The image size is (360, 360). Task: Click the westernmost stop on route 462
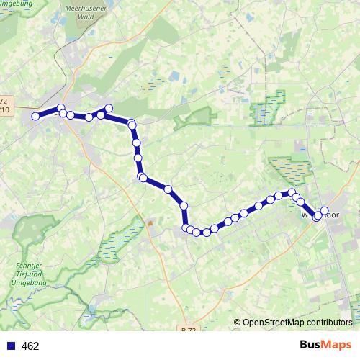coord(35,116)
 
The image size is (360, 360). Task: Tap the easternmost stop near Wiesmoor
coord(325,211)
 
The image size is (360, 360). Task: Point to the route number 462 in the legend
coord(30,346)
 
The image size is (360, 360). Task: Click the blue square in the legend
coord(11,346)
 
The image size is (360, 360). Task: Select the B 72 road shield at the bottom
coord(189,329)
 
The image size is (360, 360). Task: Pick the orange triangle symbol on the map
coord(150,222)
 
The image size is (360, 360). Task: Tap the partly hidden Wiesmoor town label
coord(310,214)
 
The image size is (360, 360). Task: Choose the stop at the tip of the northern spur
coord(109,108)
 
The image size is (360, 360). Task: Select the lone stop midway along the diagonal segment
coord(168,189)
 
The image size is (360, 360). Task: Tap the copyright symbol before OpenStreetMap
coord(238,322)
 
